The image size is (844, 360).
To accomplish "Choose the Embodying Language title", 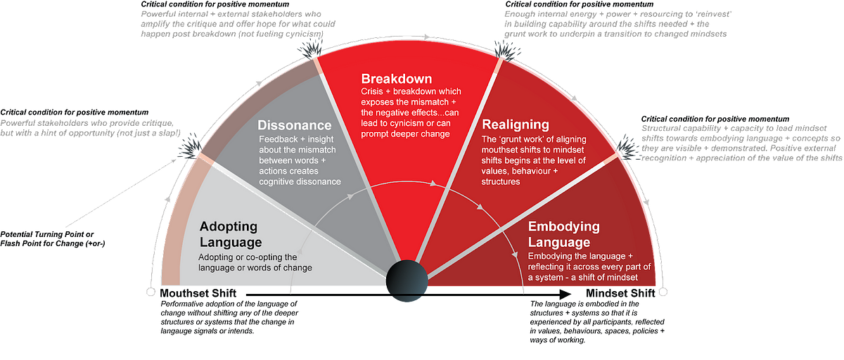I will (x=564, y=234).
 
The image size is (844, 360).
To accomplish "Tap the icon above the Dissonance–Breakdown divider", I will (x=309, y=48).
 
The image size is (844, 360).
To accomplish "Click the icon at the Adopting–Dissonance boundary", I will (x=189, y=146).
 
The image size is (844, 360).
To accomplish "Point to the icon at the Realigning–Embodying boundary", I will (x=625, y=146).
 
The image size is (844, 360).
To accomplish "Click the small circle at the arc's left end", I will (x=148, y=290).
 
